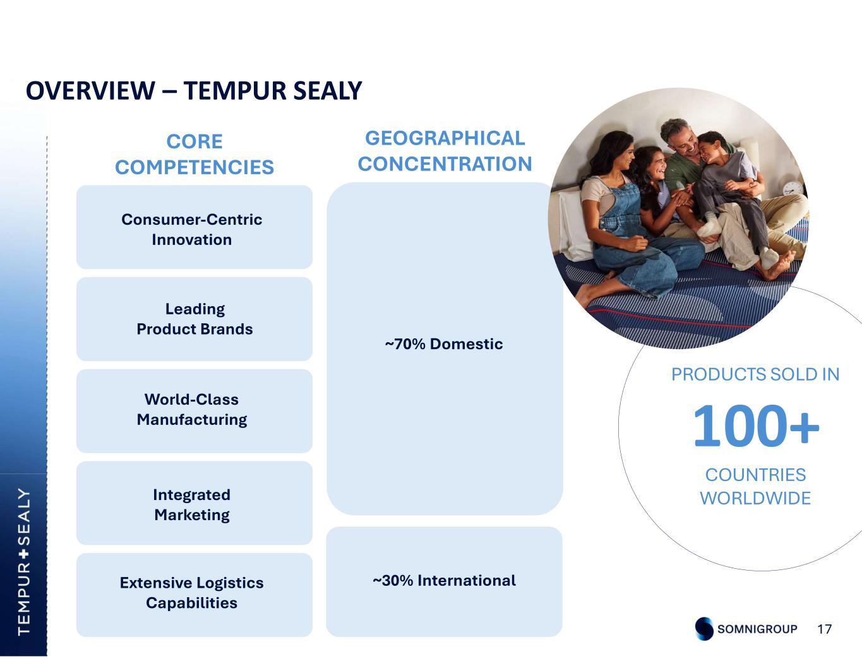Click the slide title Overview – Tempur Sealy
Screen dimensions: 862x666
pos(194,90)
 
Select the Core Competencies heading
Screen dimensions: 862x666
pos(195,154)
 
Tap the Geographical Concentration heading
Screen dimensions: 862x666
pos(445,151)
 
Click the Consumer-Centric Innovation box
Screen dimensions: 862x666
pos(195,227)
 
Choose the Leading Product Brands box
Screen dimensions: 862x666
pos(195,319)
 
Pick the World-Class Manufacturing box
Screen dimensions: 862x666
pos(195,411)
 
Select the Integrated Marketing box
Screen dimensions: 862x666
pos(195,503)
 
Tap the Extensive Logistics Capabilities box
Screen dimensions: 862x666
pos(195,595)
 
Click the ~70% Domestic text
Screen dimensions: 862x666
pos(444,343)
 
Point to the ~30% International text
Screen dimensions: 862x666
pos(445,580)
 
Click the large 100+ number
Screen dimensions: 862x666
pos(756,425)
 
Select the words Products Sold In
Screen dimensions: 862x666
pos(755,374)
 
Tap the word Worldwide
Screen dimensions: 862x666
pos(755,498)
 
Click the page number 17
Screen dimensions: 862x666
pos(825,629)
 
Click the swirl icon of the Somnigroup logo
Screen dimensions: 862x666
pos(704,629)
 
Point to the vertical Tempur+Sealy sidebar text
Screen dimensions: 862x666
pos(24,562)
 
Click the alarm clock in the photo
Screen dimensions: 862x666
pos(793,189)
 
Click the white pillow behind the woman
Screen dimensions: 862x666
pos(575,222)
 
